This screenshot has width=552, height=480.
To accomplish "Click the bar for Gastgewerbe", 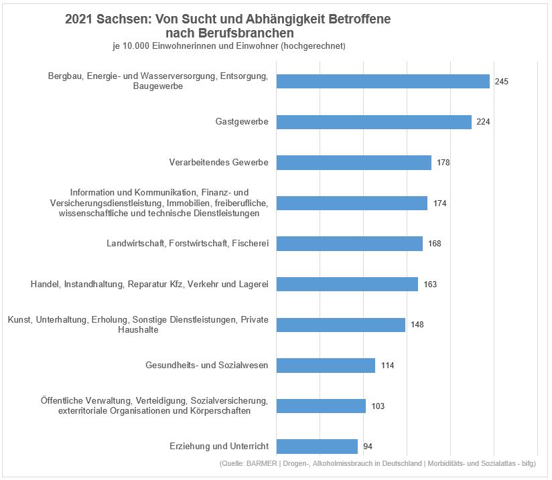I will point(374,122).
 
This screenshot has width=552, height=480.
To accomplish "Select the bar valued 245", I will point(383,81).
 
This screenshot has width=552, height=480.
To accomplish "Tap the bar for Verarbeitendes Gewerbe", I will point(354,163).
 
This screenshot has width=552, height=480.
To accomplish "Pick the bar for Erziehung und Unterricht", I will point(317,447).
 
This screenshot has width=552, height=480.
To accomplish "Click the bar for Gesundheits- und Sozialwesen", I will point(326,366).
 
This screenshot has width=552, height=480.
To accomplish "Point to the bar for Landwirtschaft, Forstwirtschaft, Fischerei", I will point(349,244).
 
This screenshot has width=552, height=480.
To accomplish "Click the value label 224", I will point(484,122).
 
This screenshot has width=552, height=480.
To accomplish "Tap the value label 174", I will point(439,204).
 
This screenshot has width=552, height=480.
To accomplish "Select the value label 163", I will point(430,285).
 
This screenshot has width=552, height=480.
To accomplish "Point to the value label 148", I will point(417,325).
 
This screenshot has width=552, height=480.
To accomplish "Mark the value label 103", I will point(378,406).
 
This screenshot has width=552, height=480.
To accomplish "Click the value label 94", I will point(368,447).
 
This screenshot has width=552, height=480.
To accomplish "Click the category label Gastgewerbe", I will point(242,122).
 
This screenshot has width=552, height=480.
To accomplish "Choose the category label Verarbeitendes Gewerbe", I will point(218,163).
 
